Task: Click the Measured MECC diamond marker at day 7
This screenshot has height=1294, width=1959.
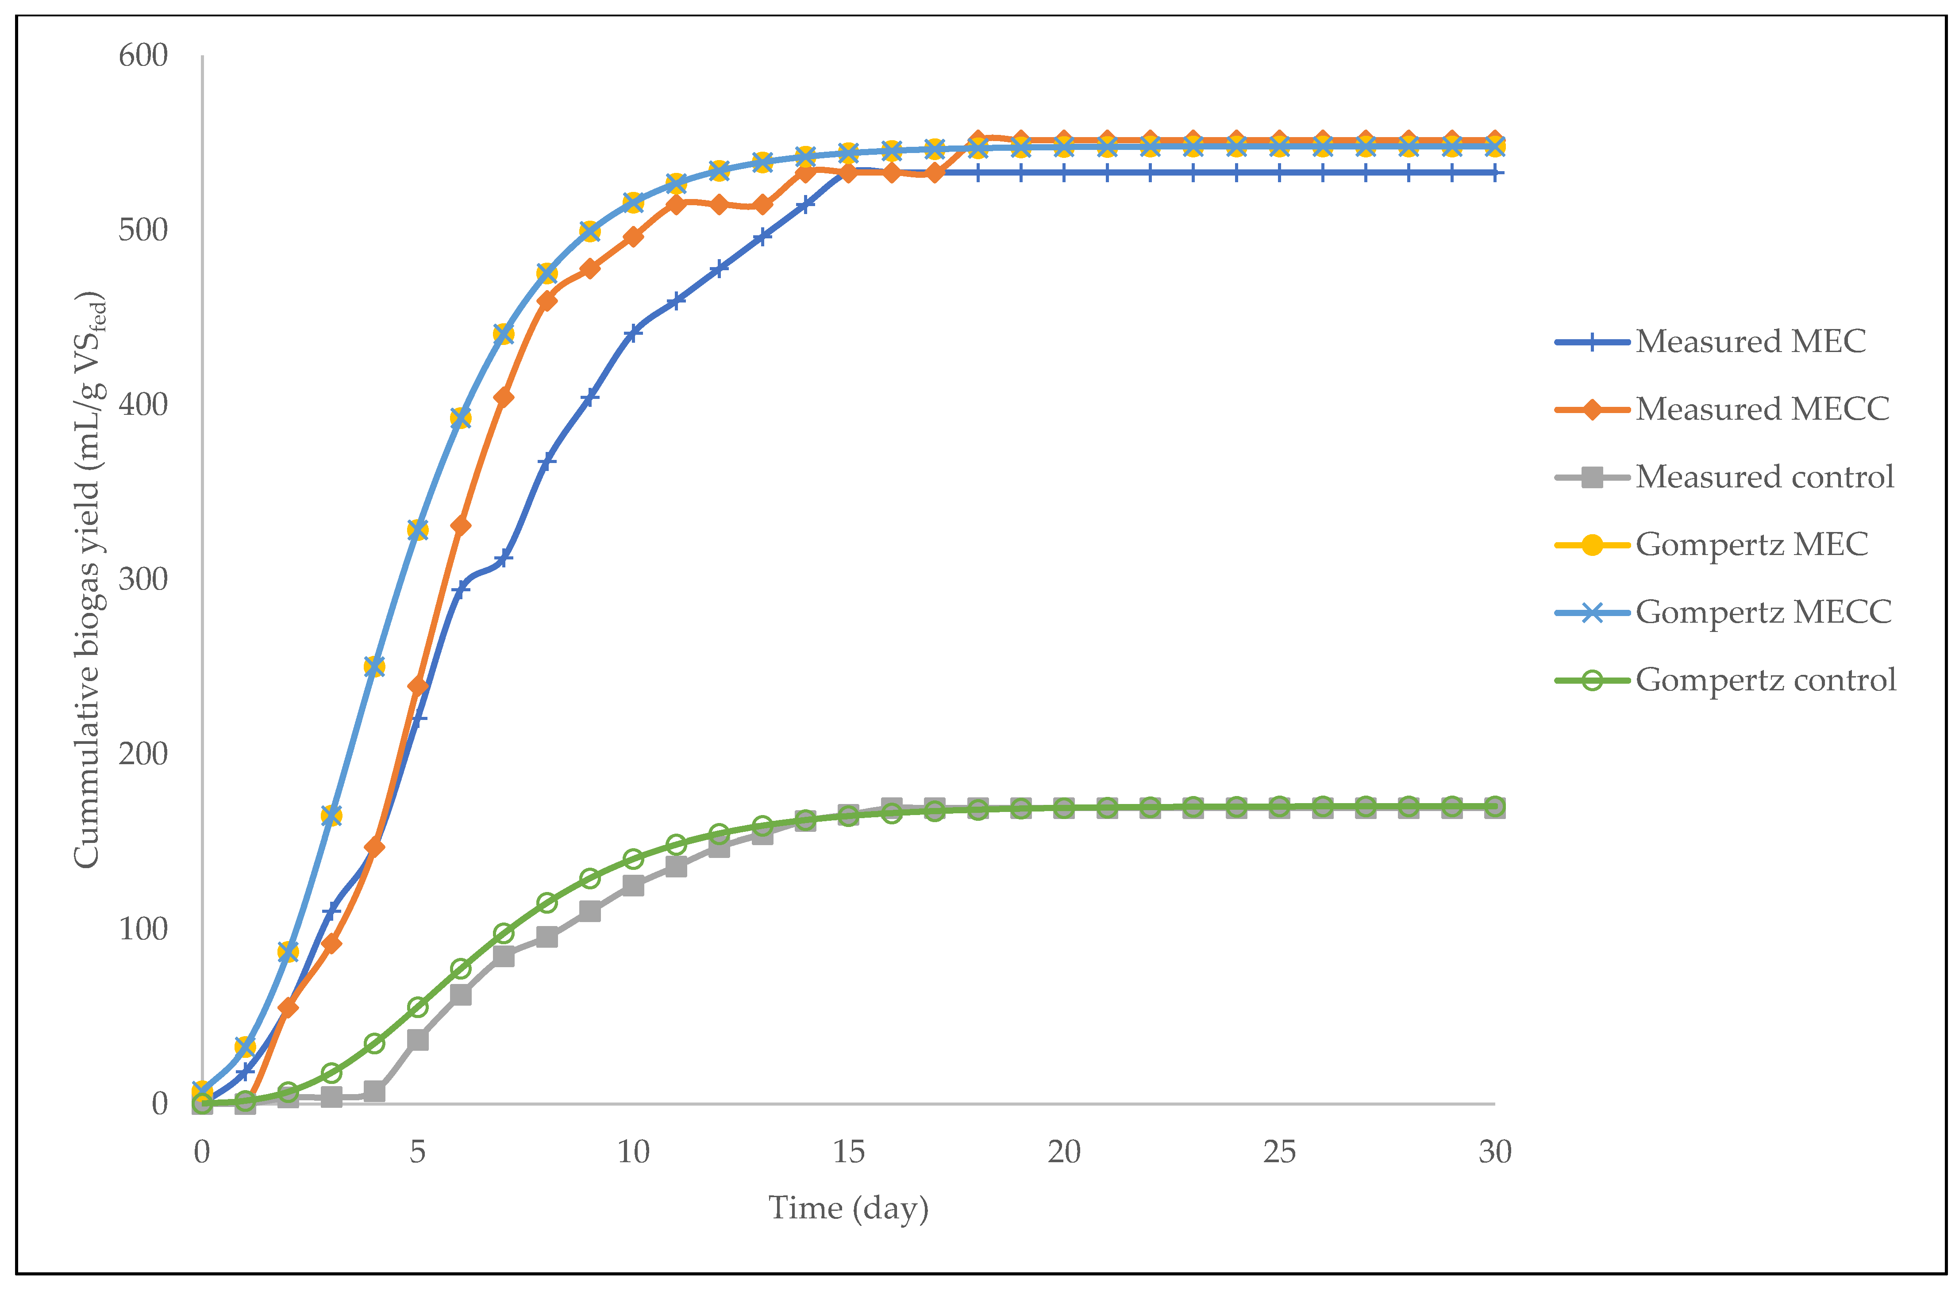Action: pos(504,398)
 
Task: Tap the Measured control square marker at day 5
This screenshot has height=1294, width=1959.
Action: pos(418,1040)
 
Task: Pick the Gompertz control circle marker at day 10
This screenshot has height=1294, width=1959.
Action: pos(633,859)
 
